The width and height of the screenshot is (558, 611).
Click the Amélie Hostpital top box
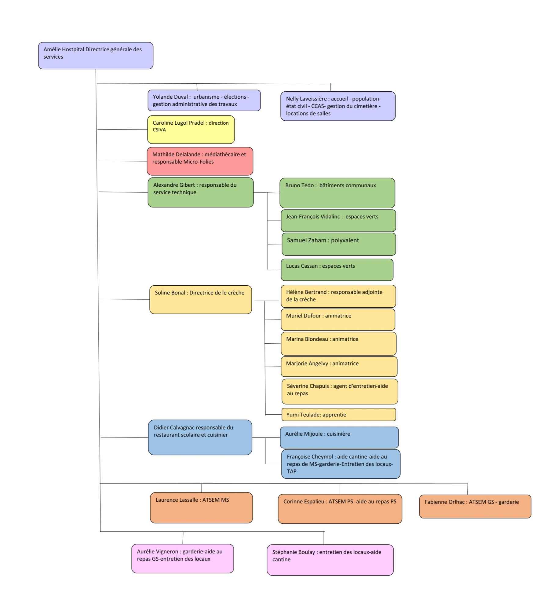pos(95,56)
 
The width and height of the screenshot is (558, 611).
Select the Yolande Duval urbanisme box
pos(204,101)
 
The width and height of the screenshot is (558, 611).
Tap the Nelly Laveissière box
pos(337,106)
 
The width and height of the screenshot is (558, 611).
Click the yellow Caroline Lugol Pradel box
pos(191,130)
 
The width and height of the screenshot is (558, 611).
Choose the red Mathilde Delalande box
pos(200,161)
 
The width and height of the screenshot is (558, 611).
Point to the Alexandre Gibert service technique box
pos(200,192)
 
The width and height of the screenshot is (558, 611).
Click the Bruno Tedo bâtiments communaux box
pos(337,193)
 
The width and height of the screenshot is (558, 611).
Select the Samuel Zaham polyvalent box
pos(338,244)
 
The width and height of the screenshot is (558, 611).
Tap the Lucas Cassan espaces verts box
pos(337,270)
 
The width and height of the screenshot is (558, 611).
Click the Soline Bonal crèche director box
pos(200,300)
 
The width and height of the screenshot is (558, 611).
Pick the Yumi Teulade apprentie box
pos(338,415)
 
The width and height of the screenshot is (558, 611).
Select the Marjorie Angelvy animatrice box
pos(339,366)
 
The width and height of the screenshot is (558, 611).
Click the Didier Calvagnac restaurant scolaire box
pos(200,437)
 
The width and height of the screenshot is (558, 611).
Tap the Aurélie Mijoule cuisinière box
pos(339,437)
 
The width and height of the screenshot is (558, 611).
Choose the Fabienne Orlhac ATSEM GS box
pos(475,506)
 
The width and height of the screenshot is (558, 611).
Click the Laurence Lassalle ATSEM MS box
pos(201,507)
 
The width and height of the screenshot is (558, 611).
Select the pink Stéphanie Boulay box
pos(330,560)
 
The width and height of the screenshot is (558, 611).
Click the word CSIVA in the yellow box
pos(159,130)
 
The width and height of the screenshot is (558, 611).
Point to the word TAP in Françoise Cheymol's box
pos(291,471)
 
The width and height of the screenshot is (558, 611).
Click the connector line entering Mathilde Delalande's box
pos(122,161)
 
